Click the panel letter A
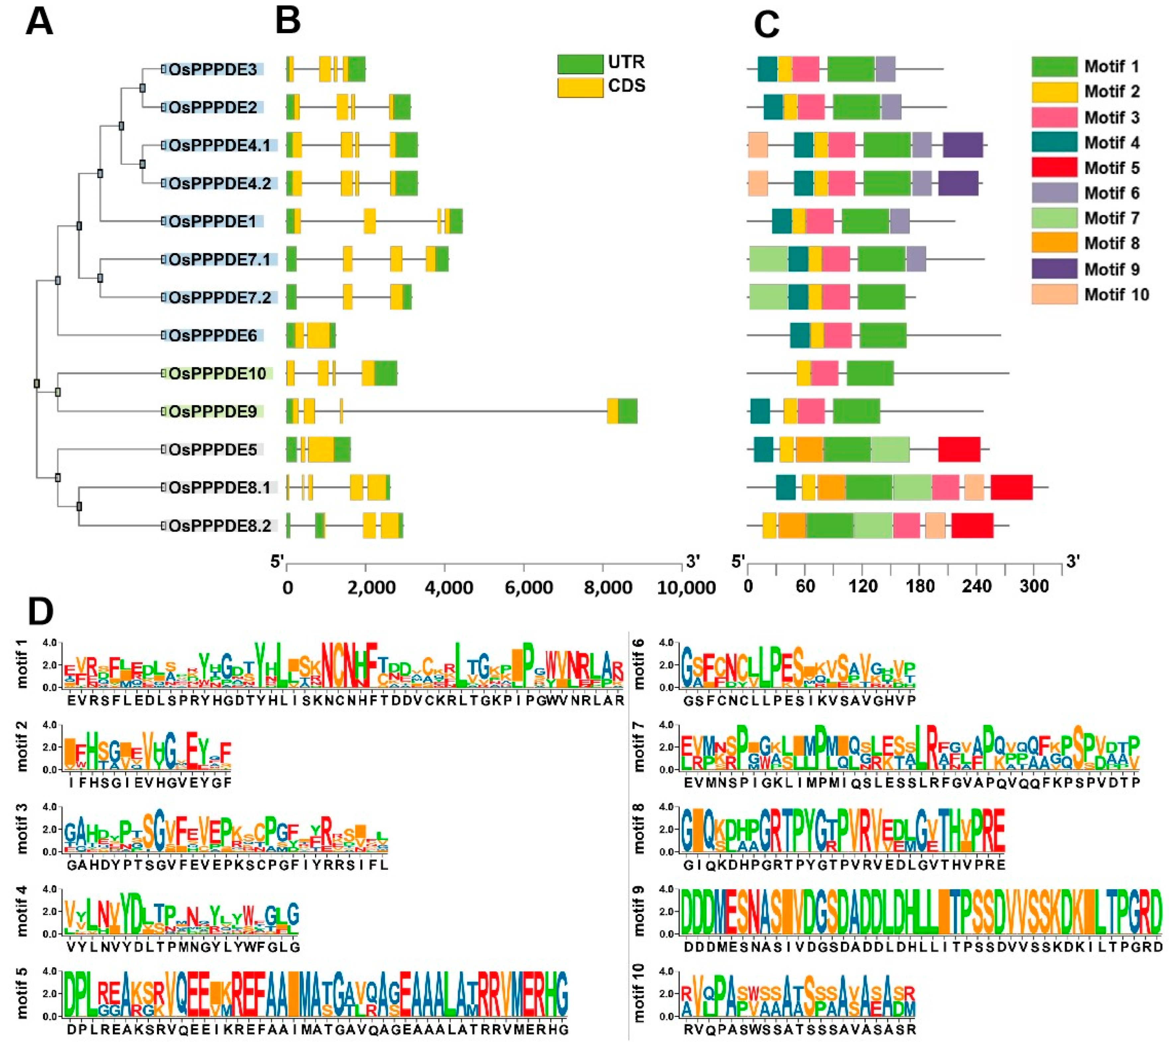(x=39, y=23)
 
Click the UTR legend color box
(x=580, y=63)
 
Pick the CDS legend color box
(x=580, y=87)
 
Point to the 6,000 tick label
(x=528, y=588)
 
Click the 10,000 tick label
(x=686, y=588)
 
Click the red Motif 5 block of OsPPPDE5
(x=959, y=450)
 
